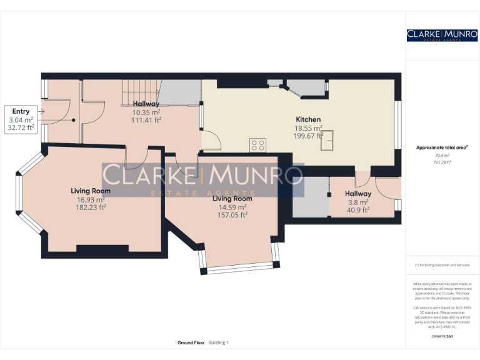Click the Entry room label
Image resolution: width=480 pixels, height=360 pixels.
[x=21, y=111]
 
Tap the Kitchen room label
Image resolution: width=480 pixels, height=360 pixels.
[x=308, y=119]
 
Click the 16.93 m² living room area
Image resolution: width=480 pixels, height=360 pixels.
[x=91, y=199]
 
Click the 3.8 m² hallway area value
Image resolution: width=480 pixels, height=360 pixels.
[x=358, y=202]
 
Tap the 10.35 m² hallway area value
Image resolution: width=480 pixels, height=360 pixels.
[x=146, y=112]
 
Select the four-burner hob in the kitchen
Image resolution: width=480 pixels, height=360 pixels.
[x=257, y=145]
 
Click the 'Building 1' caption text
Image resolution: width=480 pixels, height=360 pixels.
[x=219, y=342]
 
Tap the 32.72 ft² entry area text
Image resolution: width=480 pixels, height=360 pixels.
[x=21, y=127]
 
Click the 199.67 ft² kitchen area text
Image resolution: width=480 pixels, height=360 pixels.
[x=308, y=135]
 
